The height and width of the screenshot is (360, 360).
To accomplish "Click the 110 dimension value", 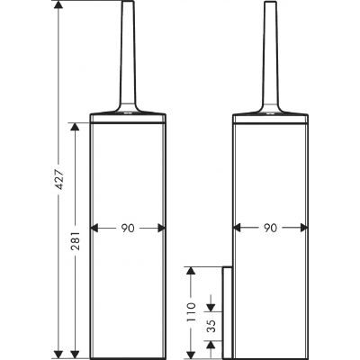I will [191, 312].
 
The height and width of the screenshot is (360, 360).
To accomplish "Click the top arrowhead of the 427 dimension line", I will [58, 6].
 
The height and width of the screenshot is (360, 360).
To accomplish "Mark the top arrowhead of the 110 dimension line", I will [191, 268].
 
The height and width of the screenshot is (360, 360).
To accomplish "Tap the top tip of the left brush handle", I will [127, 4].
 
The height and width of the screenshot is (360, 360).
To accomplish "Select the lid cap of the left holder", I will [127, 116].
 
